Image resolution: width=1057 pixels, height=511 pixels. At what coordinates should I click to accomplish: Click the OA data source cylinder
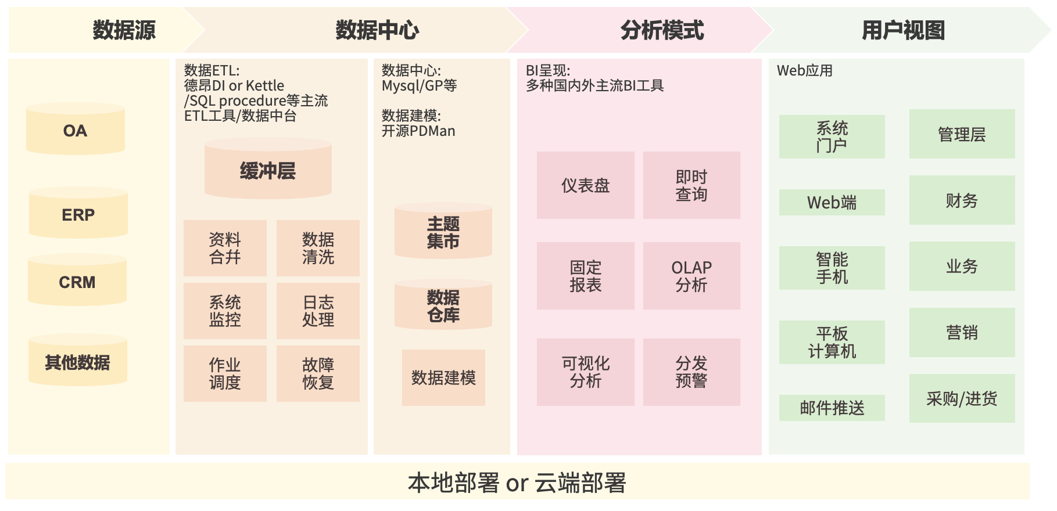[x=76, y=130]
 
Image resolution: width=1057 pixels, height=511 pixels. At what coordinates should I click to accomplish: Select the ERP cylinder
[x=78, y=214]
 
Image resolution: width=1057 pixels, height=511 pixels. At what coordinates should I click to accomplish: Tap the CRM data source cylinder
[x=77, y=282]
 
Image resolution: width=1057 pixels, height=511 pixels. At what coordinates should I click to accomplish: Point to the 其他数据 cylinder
[x=78, y=362]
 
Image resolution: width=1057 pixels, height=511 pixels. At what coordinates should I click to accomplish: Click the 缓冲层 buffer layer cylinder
[x=268, y=170]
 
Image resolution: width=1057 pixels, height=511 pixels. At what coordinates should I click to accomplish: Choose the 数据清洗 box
[x=318, y=248]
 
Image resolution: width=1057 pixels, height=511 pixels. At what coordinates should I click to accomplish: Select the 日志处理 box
[x=318, y=311]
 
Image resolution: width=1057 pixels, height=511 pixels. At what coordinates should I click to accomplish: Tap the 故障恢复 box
[x=318, y=373]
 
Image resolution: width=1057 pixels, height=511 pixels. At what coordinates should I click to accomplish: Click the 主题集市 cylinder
[x=443, y=232]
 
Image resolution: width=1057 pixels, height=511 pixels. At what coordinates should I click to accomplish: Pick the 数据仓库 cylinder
[x=443, y=306]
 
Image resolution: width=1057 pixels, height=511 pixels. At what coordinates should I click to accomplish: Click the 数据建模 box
[x=443, y=377]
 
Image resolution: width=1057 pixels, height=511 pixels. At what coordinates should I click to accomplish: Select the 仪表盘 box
[x=585, y=185]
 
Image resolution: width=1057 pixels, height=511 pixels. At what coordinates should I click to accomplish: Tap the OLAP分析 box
[x=691, y=276]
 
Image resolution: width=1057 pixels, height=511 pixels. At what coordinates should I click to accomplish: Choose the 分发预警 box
[x=691, y=372]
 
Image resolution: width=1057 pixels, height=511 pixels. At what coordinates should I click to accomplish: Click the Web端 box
[x=832, y=203]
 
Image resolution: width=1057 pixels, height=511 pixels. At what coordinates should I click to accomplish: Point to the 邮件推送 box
[x=832, y=408]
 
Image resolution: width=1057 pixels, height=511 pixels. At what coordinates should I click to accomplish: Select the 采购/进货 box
[x=962, y=398]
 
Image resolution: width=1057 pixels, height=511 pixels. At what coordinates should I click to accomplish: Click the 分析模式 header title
[x=662, y=30]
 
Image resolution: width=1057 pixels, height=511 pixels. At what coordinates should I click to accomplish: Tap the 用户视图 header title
[x=903, y=30]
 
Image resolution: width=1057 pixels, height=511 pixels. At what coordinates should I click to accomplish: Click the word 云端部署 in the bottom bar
[x=580, y=483]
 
